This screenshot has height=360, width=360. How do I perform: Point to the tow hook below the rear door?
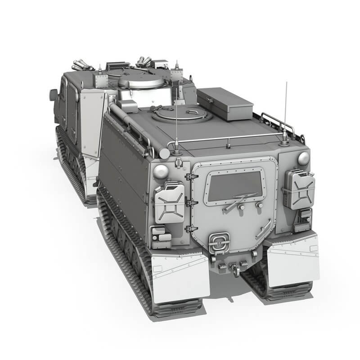[x=234, y=267]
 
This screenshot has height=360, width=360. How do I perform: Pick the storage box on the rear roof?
[x=225, y=103]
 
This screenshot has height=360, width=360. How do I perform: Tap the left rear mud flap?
[x=180, y=276]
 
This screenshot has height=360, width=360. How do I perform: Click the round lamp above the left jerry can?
[x=161, y=171]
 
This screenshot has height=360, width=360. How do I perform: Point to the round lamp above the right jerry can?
[x=304, y=158]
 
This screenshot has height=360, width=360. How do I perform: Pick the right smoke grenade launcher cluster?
[x=144, y=62]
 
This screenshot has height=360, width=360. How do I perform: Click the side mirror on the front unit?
[x=54, y=95]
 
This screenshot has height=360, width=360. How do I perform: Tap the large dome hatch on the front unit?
[x=141, y=81]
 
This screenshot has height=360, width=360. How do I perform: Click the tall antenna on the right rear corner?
[x=285, y=112]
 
